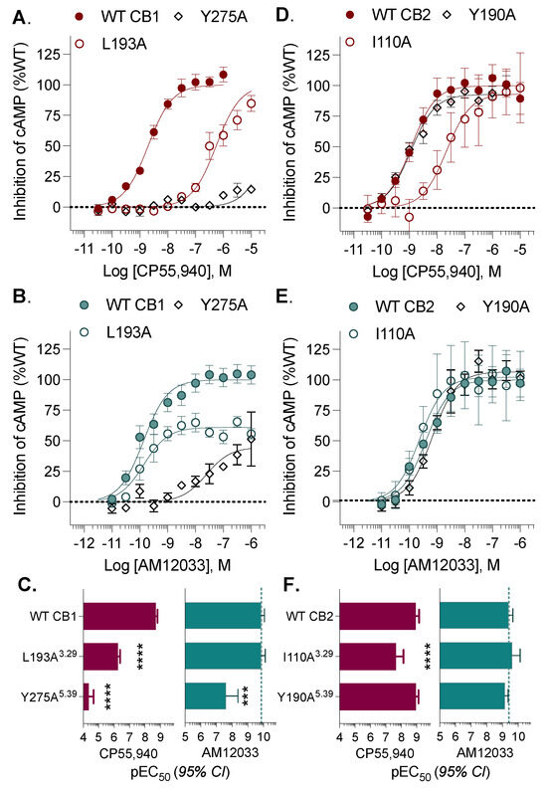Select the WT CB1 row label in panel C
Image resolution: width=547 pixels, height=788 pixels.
(48, 616)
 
